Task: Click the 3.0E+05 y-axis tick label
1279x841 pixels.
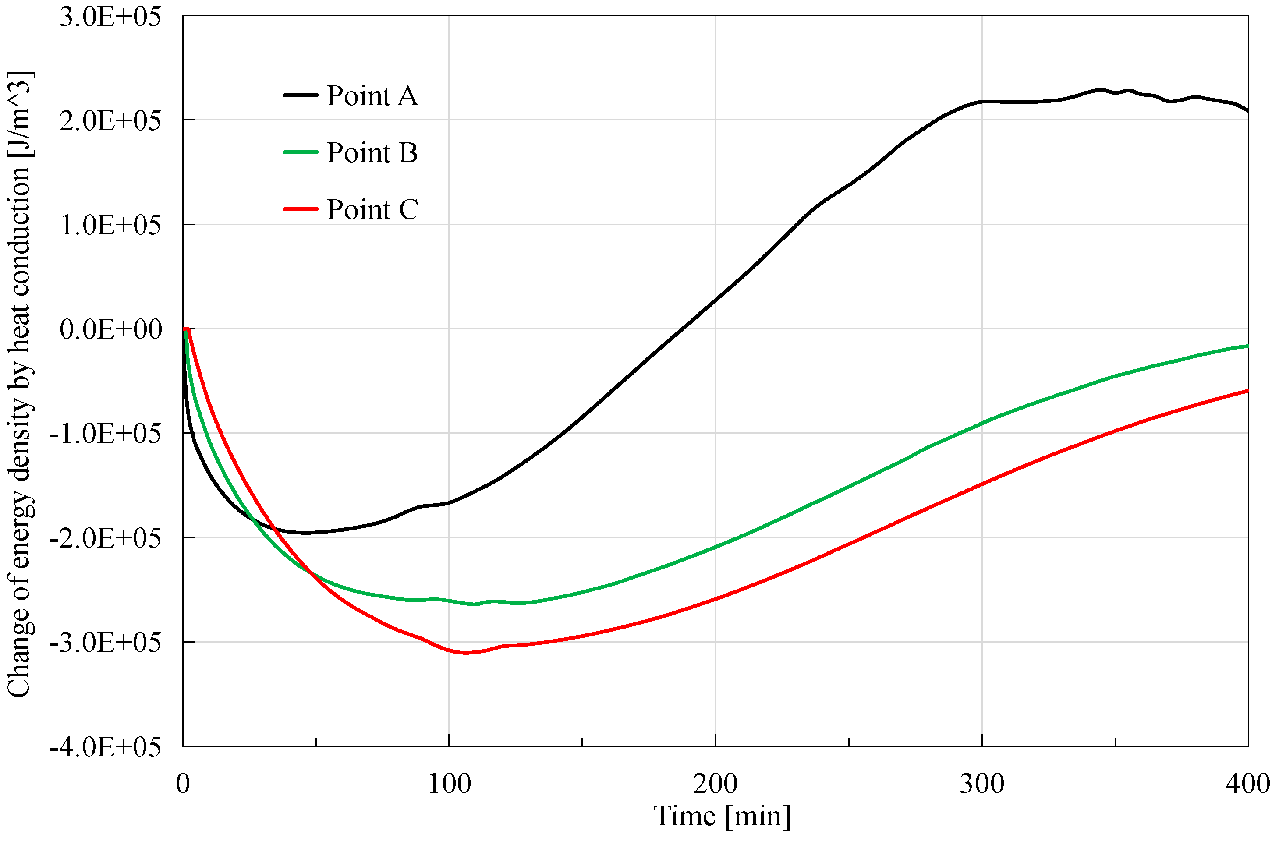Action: pyautogui.click(x=110, y=17)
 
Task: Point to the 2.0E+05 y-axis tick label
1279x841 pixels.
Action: pyautogui.click(x=110, y=121)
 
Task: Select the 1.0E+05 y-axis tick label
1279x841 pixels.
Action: pyautogui.click(x=110, y=225)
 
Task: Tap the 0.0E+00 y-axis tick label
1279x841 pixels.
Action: pyautogui.click(x=110, y=329)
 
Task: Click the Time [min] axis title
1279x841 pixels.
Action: pyautogui.click(x=722, y=816)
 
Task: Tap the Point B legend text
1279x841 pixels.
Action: pyautogui.click(x=372, y=152)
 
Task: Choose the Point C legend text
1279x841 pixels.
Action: pyautogui.click(x=372, y=209)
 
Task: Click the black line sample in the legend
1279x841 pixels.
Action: pyautogui.click(x=301, y=95)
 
